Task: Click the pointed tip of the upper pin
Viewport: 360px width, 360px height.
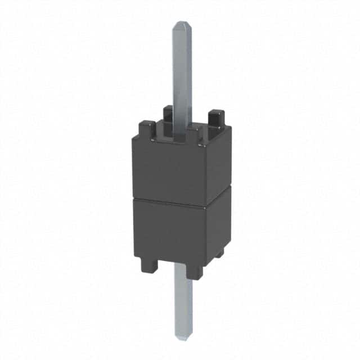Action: coord(181,24)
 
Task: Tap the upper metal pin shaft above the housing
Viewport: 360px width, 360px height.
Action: coord(182,73)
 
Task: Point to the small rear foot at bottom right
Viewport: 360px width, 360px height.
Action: coord(219,253)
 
